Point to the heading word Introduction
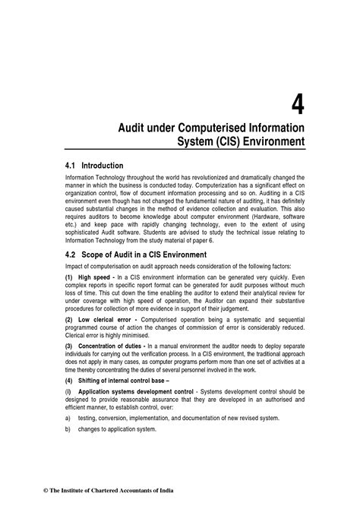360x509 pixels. (x=102, y=165)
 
